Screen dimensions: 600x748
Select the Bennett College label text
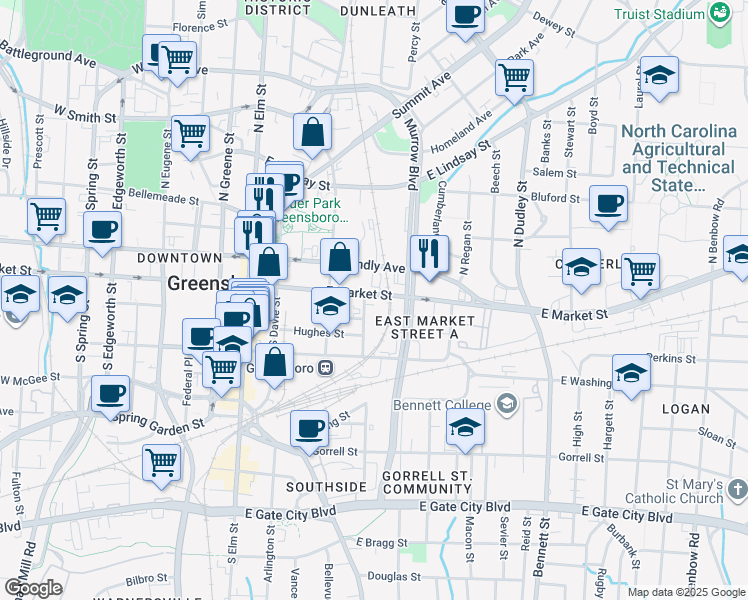445,404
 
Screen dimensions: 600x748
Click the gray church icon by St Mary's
738,488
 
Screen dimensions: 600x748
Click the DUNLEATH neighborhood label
377,10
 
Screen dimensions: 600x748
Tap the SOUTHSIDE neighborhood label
326,487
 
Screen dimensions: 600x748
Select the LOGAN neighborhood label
685,409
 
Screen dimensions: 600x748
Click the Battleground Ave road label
48,54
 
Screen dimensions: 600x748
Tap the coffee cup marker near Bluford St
608,203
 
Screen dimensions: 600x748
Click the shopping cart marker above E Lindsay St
514,76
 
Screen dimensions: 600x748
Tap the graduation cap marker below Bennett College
465,426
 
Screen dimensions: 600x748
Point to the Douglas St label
394,575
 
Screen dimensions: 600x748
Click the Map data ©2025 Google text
686,592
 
